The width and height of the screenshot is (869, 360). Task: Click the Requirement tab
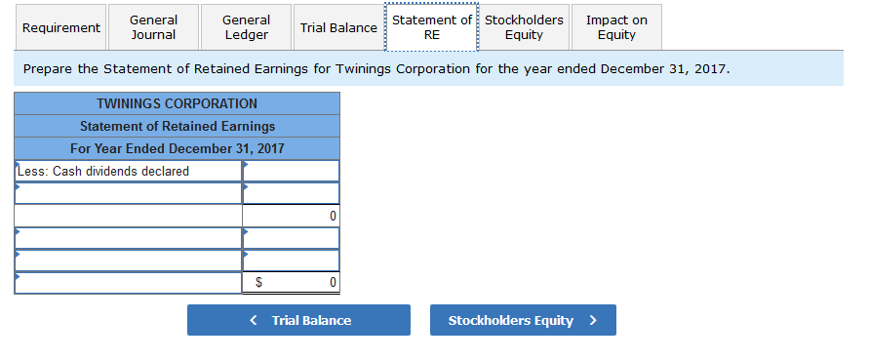tap(61, 27)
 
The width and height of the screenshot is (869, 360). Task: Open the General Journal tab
tap(153, 27)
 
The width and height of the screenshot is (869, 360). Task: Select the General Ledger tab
tap(246, 27)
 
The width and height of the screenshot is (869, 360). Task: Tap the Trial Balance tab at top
tap(338, 27)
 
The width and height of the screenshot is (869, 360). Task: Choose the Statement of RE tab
tap(432, 27)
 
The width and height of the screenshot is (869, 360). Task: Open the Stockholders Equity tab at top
tap(524, 27)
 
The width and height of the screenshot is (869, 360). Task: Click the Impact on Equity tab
tap(616, 27)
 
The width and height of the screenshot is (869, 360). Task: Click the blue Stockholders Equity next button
tap(522, 320)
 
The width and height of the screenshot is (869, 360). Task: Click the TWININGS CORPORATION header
tap(177, 103)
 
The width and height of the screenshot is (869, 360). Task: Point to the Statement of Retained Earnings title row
tap(177, 126)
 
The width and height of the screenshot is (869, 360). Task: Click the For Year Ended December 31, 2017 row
tap(177, 148)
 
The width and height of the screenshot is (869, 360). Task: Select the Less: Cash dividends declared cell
tap(128, 172)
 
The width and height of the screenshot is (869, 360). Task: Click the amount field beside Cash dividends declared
tap(291, 172)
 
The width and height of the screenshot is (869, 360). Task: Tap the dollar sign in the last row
tap(258, 283)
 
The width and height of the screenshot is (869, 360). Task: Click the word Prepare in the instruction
tap(49, 70)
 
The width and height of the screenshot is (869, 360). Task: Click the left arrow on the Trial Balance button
tap(254, 320)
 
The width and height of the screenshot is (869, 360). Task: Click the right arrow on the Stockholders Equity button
tap(592, 320)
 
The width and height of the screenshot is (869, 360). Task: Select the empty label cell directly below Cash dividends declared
tap(128, 193)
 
